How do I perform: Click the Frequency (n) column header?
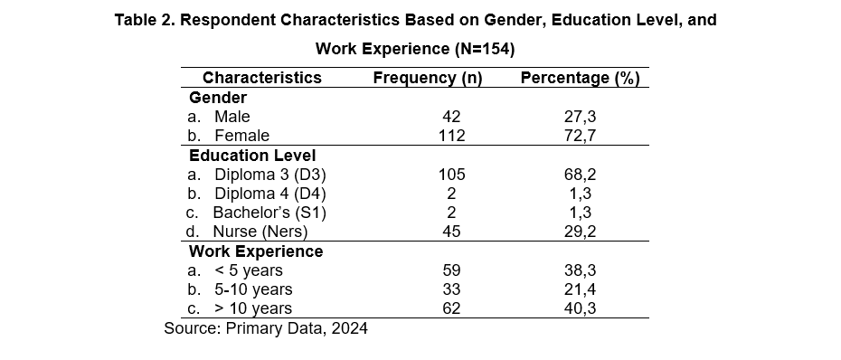pyautogui.click(x=428, y=78)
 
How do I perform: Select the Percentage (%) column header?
pyautogui.click(x=581, y=78)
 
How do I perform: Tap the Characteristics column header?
pyautogui.click(x=261, y=77)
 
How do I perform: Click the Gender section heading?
pyautogui.click(x=218, y=98)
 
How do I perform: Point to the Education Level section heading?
pyautogui.click(x=252, y=156)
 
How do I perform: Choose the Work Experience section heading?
pyautogui.click(x=256, y=251)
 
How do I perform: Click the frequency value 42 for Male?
pyautogui.click(x=451, y=117)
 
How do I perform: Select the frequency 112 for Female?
pyautogui.click(x=451, y=136)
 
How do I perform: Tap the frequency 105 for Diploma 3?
pyautogui.click(x=451, y=175)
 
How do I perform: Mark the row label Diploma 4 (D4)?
pyautogui.click(x=269, y=194)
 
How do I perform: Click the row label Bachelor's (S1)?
pyautogui.click(x=269, y=213)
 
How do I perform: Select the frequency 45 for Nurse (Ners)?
pyautogui.click(x=451, y=232)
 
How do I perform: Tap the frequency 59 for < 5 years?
pyautogui.click(x=451, y=270)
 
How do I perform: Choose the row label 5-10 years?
pyautogui.click(x=253, y=289)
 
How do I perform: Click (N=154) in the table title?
pyautogui.click(x=485, y=49)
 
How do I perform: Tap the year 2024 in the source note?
pyautogui.click(x=349, y=327)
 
